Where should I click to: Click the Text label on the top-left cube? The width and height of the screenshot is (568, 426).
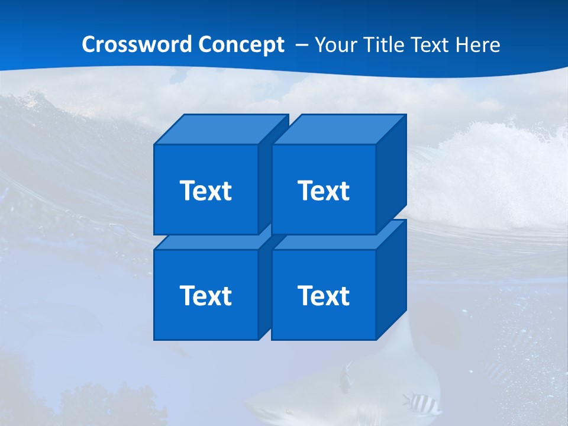[x=205, y=191]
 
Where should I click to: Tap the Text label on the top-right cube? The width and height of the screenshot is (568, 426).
[x=324, y=191]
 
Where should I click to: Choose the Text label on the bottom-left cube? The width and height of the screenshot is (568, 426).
[x=205, y=295]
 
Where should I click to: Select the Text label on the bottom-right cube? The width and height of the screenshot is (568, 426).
[x=324, y=295]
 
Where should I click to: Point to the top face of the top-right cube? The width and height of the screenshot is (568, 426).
[x=339, y=129]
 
